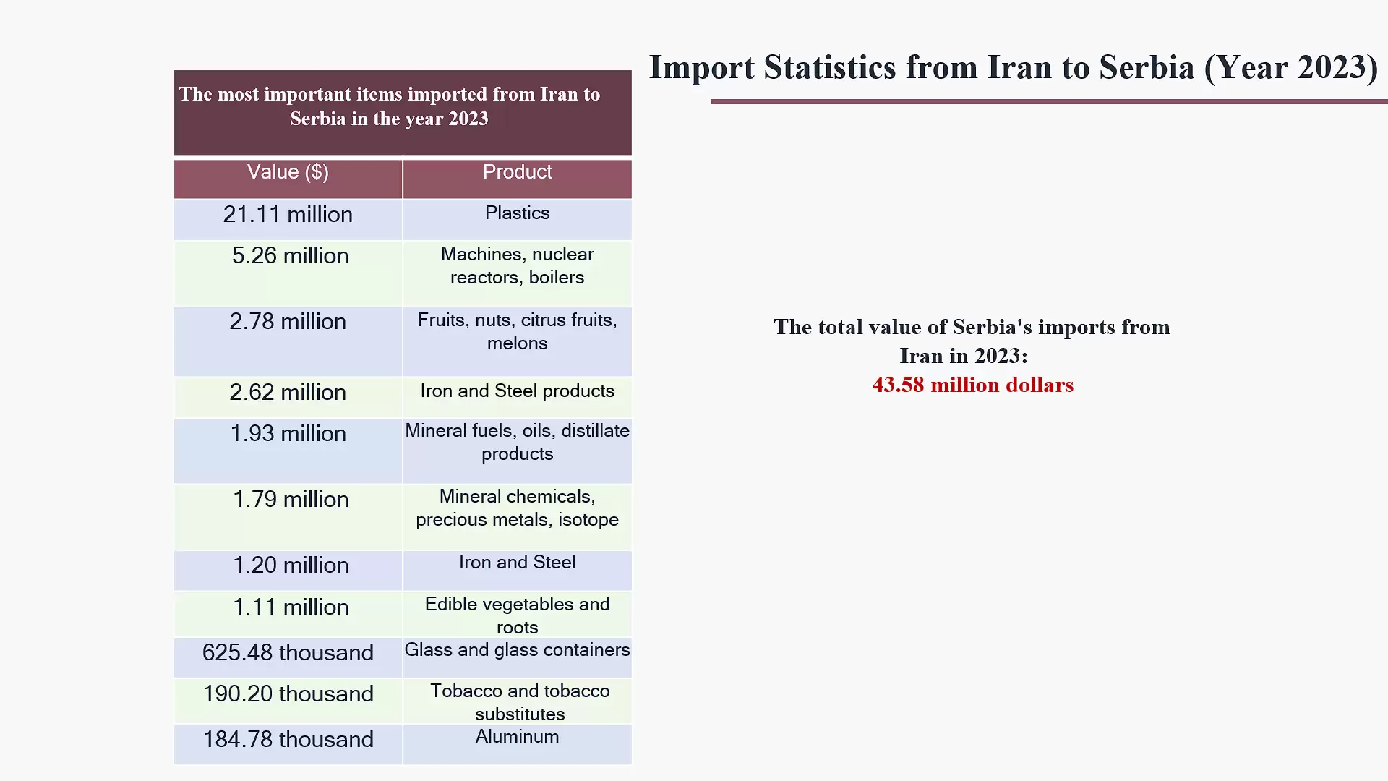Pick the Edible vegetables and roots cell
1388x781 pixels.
(517, 615)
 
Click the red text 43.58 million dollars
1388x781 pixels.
(972, 385)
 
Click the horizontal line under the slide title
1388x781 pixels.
(1048, 102)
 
